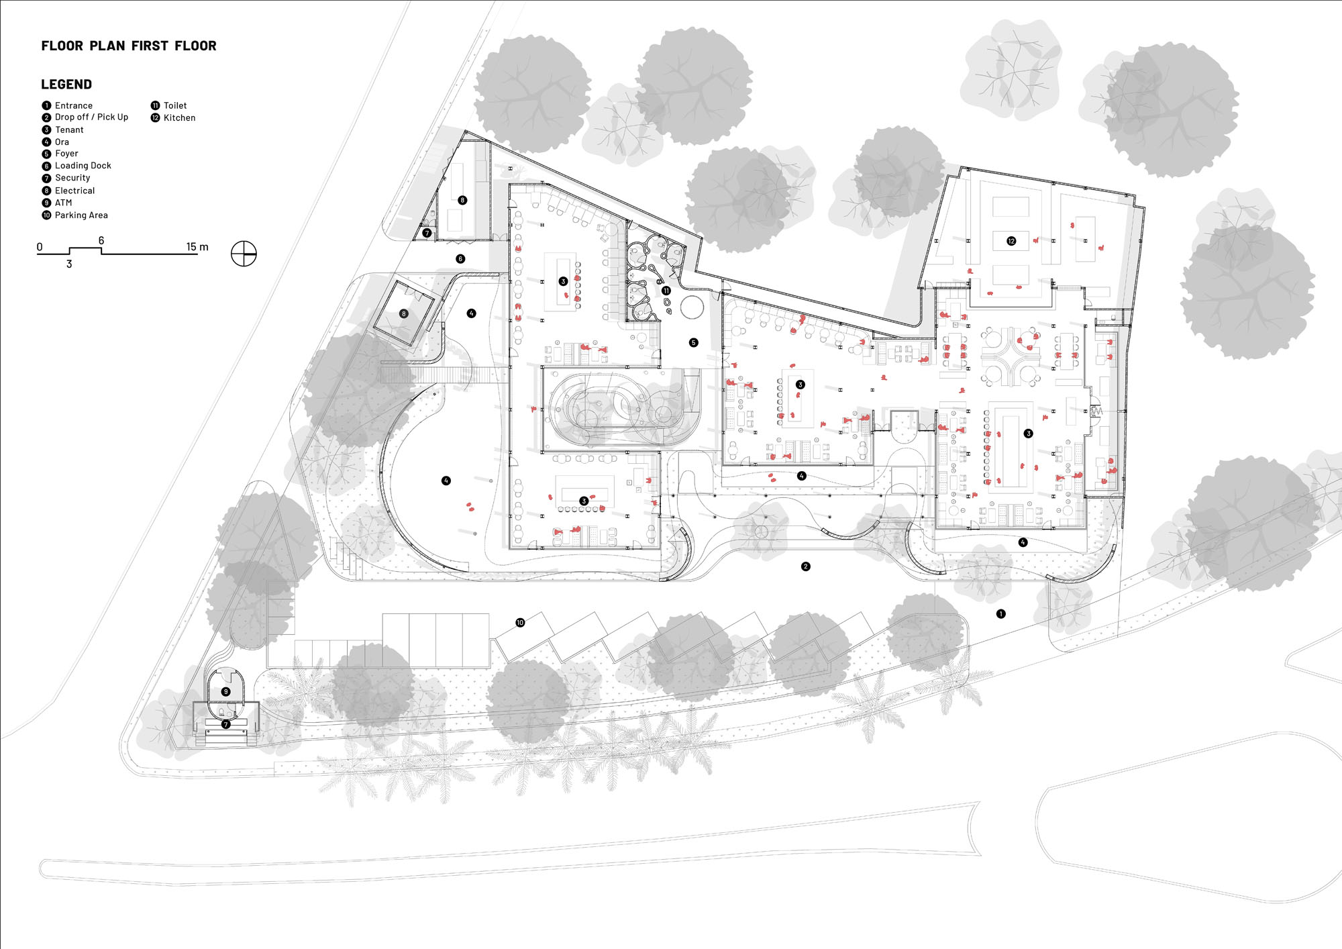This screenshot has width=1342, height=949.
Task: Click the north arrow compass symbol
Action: click(244, 254)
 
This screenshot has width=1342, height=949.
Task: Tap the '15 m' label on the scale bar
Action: click(197, 247)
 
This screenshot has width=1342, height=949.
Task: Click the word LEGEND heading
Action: click(66, 85)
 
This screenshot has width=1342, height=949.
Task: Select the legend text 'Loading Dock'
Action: click(83, 166)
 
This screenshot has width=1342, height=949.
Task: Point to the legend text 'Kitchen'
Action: click(180, 118)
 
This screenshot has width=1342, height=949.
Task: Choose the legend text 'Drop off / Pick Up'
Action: click(91, 117)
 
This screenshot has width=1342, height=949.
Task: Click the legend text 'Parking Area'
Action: click(81, 215)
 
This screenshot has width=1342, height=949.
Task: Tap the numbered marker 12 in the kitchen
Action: click(1011, 241)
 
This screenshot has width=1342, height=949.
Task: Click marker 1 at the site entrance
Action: click(1001, 613)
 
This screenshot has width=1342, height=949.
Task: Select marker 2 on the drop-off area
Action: click(806, 566)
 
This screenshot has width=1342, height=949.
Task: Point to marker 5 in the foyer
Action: click(694, 342)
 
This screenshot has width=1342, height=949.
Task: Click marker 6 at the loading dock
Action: click(460, 258)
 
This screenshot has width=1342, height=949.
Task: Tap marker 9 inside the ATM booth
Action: click(226, 691)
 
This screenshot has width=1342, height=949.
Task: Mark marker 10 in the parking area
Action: click(520, 623)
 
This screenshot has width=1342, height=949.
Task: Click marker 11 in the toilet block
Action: click(666, 291)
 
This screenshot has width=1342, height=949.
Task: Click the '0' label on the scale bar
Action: click(40, 247)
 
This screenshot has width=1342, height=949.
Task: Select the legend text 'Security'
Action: click(72, 178)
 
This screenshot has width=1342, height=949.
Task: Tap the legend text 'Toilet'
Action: click(175, 106)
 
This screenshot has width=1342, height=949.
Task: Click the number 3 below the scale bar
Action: click(69, 264)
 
